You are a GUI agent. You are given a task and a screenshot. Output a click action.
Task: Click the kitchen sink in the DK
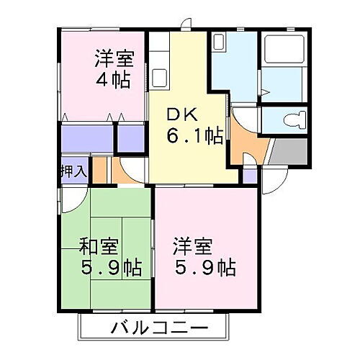point(160,75)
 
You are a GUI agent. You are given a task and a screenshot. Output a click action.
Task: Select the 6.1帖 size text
point(195,135)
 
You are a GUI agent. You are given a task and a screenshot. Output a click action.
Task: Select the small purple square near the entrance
point(249,174)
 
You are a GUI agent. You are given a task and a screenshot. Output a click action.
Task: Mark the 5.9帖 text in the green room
point(111,269)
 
